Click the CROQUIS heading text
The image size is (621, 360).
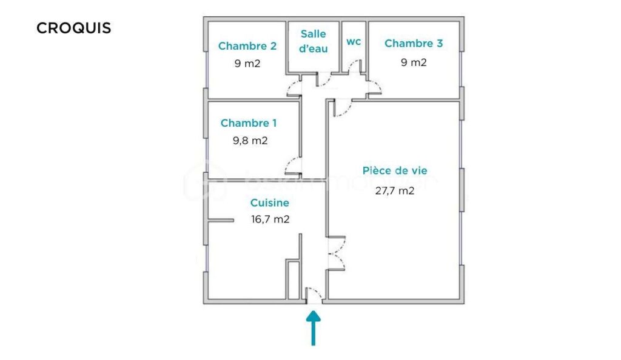74,28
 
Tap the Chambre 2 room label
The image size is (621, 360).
247,45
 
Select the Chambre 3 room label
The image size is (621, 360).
414,43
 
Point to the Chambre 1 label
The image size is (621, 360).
249,123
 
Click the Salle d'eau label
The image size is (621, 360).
314,41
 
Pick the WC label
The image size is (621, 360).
354,42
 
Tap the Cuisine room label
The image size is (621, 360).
270,203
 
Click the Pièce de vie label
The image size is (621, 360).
395,171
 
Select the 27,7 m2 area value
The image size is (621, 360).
395,190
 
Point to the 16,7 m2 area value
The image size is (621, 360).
270,219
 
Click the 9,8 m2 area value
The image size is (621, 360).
250,141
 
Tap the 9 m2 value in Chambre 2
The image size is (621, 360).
247,63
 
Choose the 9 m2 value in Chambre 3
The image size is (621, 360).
414,62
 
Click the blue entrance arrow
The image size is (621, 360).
313,328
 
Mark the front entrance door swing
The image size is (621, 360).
314,294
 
